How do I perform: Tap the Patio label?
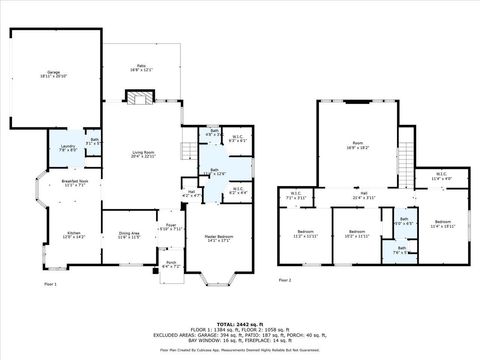coord(142,68)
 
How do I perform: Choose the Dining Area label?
coord(129,234)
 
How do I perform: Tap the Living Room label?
coord(143,154)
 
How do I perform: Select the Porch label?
coord(171,265)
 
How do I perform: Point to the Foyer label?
coord(171,226)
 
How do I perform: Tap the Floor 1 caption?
coord(50,285)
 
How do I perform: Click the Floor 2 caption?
coord(285,279)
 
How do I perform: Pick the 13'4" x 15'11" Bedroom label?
coord(442,224)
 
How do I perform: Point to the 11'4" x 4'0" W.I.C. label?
coord(442,176)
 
